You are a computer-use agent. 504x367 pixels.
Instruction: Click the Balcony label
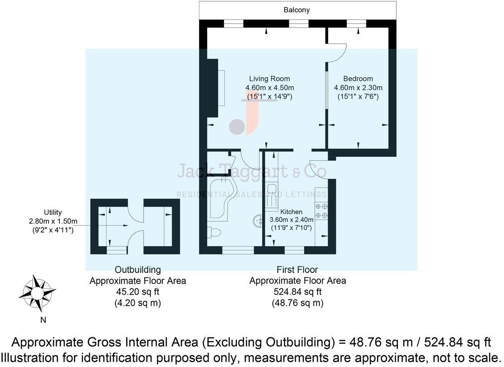[x=297, y=10]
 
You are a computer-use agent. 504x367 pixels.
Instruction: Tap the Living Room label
[x=269, y=79]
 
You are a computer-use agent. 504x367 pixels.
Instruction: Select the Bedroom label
[x=358, y=79]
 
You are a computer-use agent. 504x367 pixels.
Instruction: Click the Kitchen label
[x=291, y=212]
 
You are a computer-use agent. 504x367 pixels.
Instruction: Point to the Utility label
[x=53, y=212]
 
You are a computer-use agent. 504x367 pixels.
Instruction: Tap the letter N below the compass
[x=43, y=320]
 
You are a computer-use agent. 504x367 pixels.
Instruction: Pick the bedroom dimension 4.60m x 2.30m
[x=358, y=88]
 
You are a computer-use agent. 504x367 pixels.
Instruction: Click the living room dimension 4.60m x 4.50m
[x=269, y=88]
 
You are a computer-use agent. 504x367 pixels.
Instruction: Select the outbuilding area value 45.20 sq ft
[x=137, y=292]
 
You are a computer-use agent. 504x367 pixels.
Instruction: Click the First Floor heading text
[x=297, y=270]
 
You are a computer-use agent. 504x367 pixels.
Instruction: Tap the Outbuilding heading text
[x=137, y=270]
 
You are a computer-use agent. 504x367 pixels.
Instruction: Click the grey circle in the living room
[x=236, y=127]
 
